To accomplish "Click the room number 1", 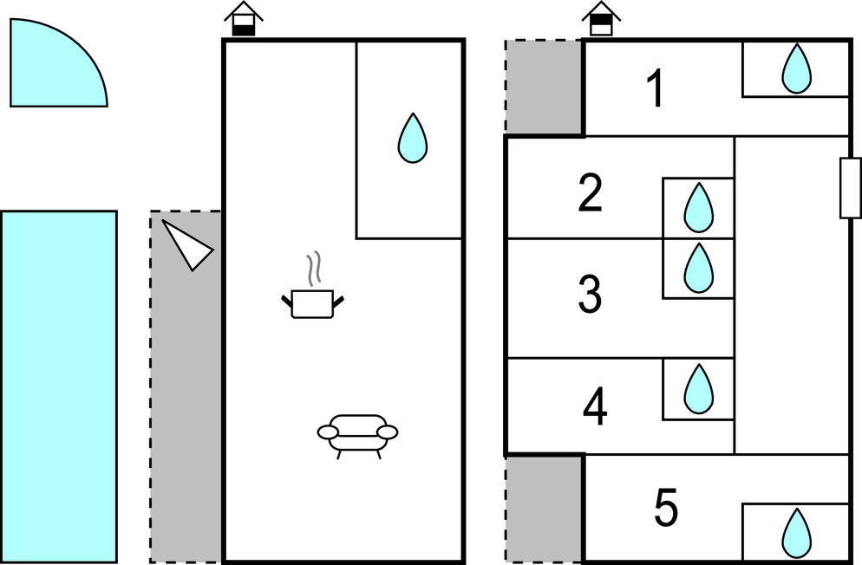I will coord(656,89).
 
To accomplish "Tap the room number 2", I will coord(590,194).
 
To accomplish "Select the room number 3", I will coord(590,295).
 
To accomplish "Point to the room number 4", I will coord(594,408).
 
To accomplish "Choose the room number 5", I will coord(665,509).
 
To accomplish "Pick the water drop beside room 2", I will coord(698,208).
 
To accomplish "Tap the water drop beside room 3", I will coord(698,268).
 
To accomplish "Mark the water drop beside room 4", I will coord(698,389).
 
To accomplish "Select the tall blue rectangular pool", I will coord(58,386).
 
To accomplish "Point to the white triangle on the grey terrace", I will coord(188,244).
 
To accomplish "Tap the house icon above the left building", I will coord(244,19).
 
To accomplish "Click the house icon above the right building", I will coord(600,19).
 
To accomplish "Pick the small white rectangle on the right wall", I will coord(850,188).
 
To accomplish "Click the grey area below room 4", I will coord(544,508).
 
